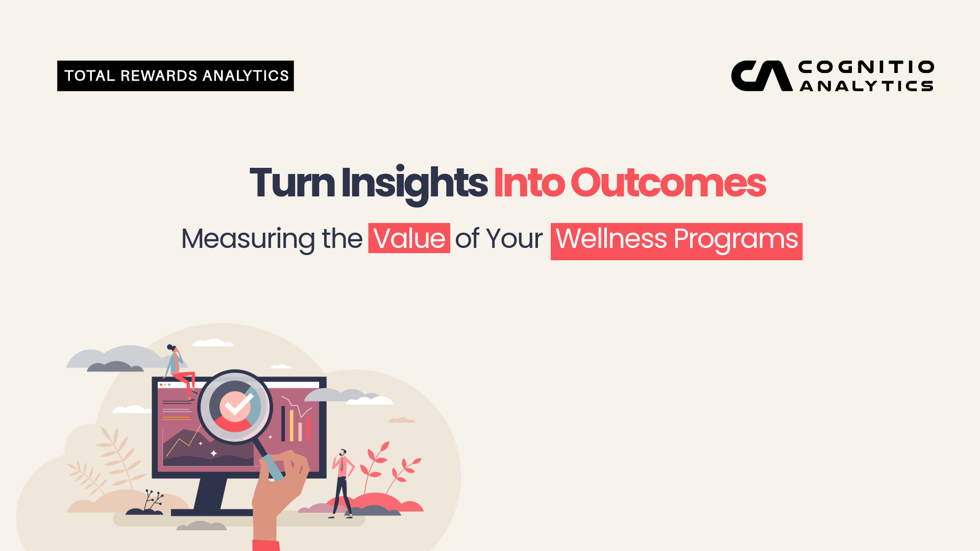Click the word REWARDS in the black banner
tap(159, 76)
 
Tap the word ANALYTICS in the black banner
tap(246, 76)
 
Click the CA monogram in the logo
tap(762, 76)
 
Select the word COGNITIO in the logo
tap(867, 67)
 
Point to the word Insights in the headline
tap(414, 184)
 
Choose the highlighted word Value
tap(409, 238)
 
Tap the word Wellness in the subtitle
tap(611, 238)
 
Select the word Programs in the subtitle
tap(736, 240)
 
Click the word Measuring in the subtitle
tap(248, 240)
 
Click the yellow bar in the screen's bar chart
tap(292, 425)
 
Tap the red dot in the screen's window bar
tap(161, 385)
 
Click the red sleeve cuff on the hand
tap(266, 545)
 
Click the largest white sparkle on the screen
tap(214, 453)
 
